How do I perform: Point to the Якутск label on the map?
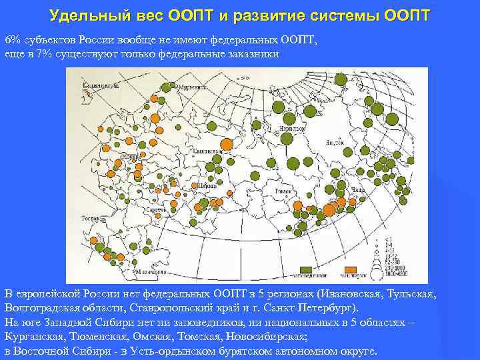(335, 142)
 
